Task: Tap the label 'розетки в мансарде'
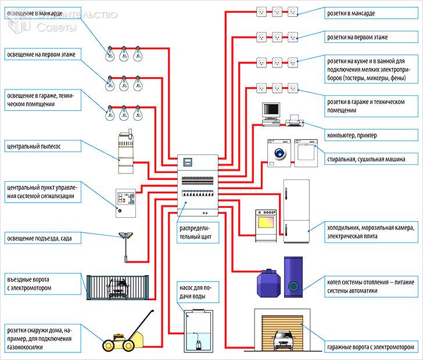click(354, 12)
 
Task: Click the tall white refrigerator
click(296, 211)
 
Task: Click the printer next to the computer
click(294, 121)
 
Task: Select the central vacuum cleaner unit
click(126, 152)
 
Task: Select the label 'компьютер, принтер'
click(352, 135)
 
